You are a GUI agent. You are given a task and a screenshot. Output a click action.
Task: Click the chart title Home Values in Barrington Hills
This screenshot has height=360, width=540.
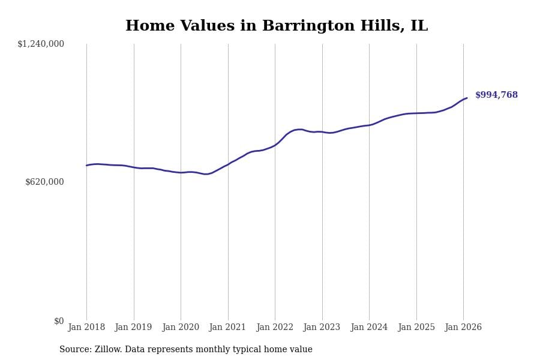[x=276, y=26]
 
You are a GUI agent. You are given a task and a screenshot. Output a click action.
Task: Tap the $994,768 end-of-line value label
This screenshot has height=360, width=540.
[x=496, y=95]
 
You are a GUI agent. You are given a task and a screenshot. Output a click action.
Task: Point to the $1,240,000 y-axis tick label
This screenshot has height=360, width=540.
[x=41, y=44]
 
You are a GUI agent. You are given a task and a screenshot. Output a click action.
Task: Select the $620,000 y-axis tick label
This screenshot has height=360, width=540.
[x=44, y=182]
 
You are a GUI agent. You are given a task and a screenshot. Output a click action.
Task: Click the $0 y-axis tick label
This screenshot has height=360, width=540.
[x=59, y=321]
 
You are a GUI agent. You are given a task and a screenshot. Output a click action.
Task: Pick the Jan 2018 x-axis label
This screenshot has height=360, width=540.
[x=86, y=328]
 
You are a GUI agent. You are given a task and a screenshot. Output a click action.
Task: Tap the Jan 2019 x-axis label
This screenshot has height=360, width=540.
[x=134, y=328]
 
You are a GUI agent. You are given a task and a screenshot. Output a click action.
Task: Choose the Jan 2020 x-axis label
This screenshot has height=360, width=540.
[x=181, y=328]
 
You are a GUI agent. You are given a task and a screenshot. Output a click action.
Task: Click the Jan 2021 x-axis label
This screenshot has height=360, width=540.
[x=228, y=328]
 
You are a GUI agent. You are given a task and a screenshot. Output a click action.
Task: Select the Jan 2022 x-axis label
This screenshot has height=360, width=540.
[x=275, y=328]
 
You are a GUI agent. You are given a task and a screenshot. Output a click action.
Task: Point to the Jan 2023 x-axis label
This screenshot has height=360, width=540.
[x=322, y=328]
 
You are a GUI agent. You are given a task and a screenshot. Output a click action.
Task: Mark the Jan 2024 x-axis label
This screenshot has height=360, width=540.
[x=369, y=328]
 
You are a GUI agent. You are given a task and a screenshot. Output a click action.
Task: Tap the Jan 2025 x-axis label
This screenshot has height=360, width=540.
[x=416, y=328]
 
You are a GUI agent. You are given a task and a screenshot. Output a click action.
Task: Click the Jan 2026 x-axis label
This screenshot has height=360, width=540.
[x=463, y=328]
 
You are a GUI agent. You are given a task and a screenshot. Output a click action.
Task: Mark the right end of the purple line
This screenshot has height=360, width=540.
[x=467, y=98]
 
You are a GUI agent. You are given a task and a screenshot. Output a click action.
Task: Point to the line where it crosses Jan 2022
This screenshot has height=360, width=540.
[x=275, y=145]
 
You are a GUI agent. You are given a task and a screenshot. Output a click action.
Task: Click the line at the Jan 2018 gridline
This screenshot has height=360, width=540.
[x=86, y=166]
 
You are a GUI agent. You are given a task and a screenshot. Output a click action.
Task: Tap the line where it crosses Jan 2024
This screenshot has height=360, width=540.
[x=369, y=125]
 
